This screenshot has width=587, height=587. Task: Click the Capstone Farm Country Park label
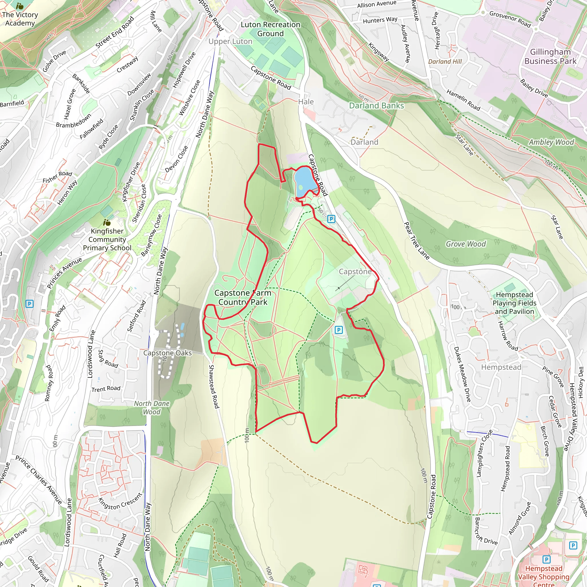coord(242,298)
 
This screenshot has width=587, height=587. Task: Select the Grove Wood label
coord(465,244)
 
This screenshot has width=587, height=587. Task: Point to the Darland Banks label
coord(376,106)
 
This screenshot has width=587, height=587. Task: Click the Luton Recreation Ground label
coord(270,29)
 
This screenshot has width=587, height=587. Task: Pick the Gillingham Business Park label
coord(550,56)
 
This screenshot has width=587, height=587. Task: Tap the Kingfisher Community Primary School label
coord(107,239)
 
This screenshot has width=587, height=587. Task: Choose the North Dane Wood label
coord(152,408)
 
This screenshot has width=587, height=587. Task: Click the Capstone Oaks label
coord(167,353)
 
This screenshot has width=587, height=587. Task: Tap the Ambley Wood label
coord(551,142)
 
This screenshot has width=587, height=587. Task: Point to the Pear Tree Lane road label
coord(416,241)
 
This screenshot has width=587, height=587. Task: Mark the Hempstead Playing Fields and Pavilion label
coord(514,303)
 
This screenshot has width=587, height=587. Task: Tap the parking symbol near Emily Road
coord(30,304)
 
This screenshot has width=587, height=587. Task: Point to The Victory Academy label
coord(20,19)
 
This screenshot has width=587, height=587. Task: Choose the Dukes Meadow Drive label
coord(462,374)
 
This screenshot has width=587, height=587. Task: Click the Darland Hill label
coord(445,62)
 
